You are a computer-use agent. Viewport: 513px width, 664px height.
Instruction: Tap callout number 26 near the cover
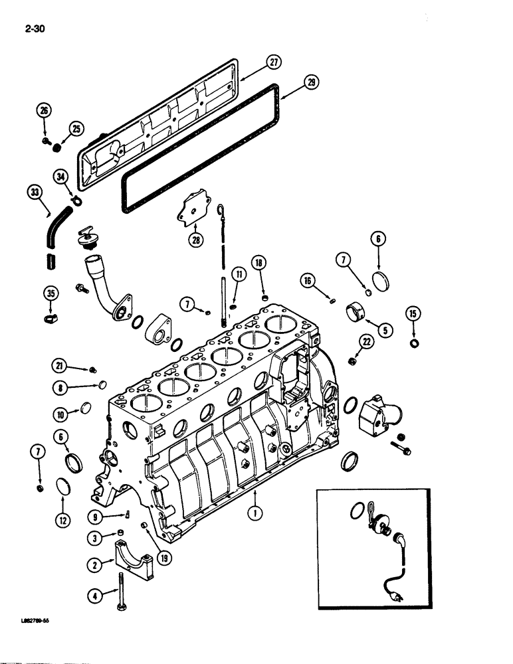[43, 110]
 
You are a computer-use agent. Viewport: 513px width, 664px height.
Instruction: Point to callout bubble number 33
[35, 191]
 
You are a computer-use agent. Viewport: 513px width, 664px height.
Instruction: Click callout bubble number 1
[253, 511]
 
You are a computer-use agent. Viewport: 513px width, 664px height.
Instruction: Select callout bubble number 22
[365, 341]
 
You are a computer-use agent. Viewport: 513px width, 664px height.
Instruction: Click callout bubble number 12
[61, 521]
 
